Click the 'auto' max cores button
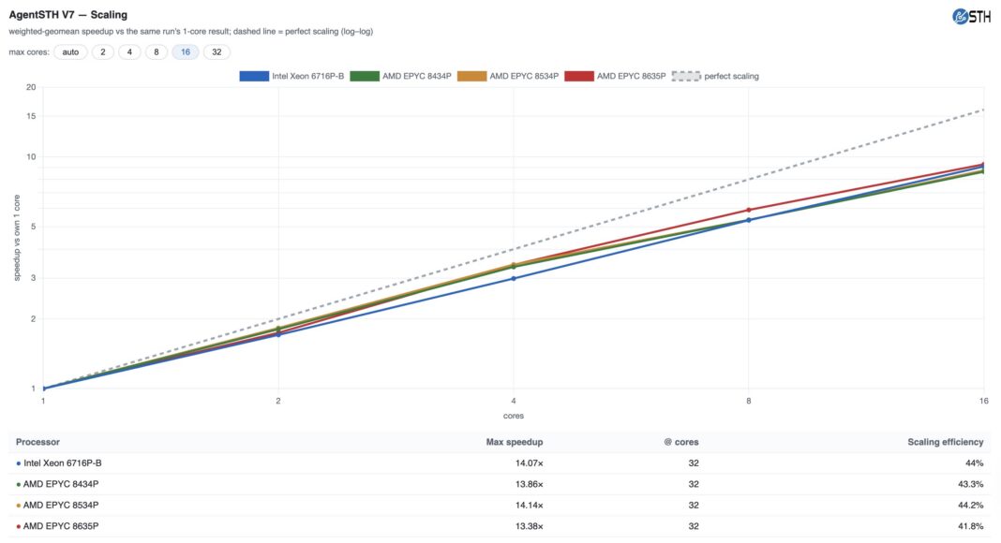click(70, 52)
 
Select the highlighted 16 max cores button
click(186, 52)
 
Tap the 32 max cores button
click(217, 52)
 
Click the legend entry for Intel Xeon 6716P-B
click(291, 77)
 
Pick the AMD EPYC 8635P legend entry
click(616, 77)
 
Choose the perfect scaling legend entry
click(716, 77)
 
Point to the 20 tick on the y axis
click(31, 87)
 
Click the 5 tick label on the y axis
click(33, 227)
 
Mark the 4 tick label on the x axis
click(514, 401)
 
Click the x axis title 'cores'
click(514, 416)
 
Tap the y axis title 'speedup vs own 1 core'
click(17, 238)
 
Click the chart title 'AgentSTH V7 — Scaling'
click(68, 15)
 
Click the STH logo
click(971, 17)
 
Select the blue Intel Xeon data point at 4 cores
click(514, 278)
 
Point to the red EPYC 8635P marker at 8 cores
click(749, 210)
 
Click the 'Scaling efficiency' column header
click(946, 442)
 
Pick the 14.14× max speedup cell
click(530, 505)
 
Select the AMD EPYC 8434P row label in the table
click(61, 484)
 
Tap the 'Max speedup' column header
click(515, 442)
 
